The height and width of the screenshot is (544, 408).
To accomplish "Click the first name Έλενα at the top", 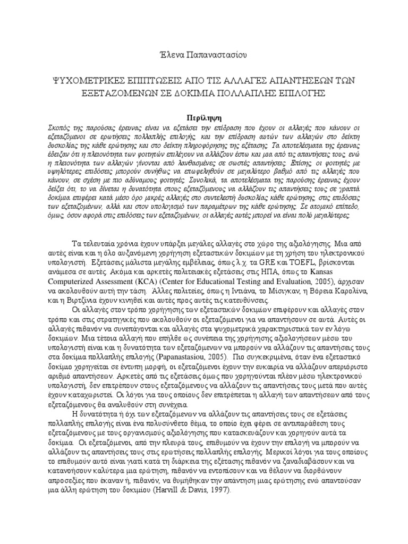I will click(162, 55).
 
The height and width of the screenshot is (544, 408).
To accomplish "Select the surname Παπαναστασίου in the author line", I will click(216, 55).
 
